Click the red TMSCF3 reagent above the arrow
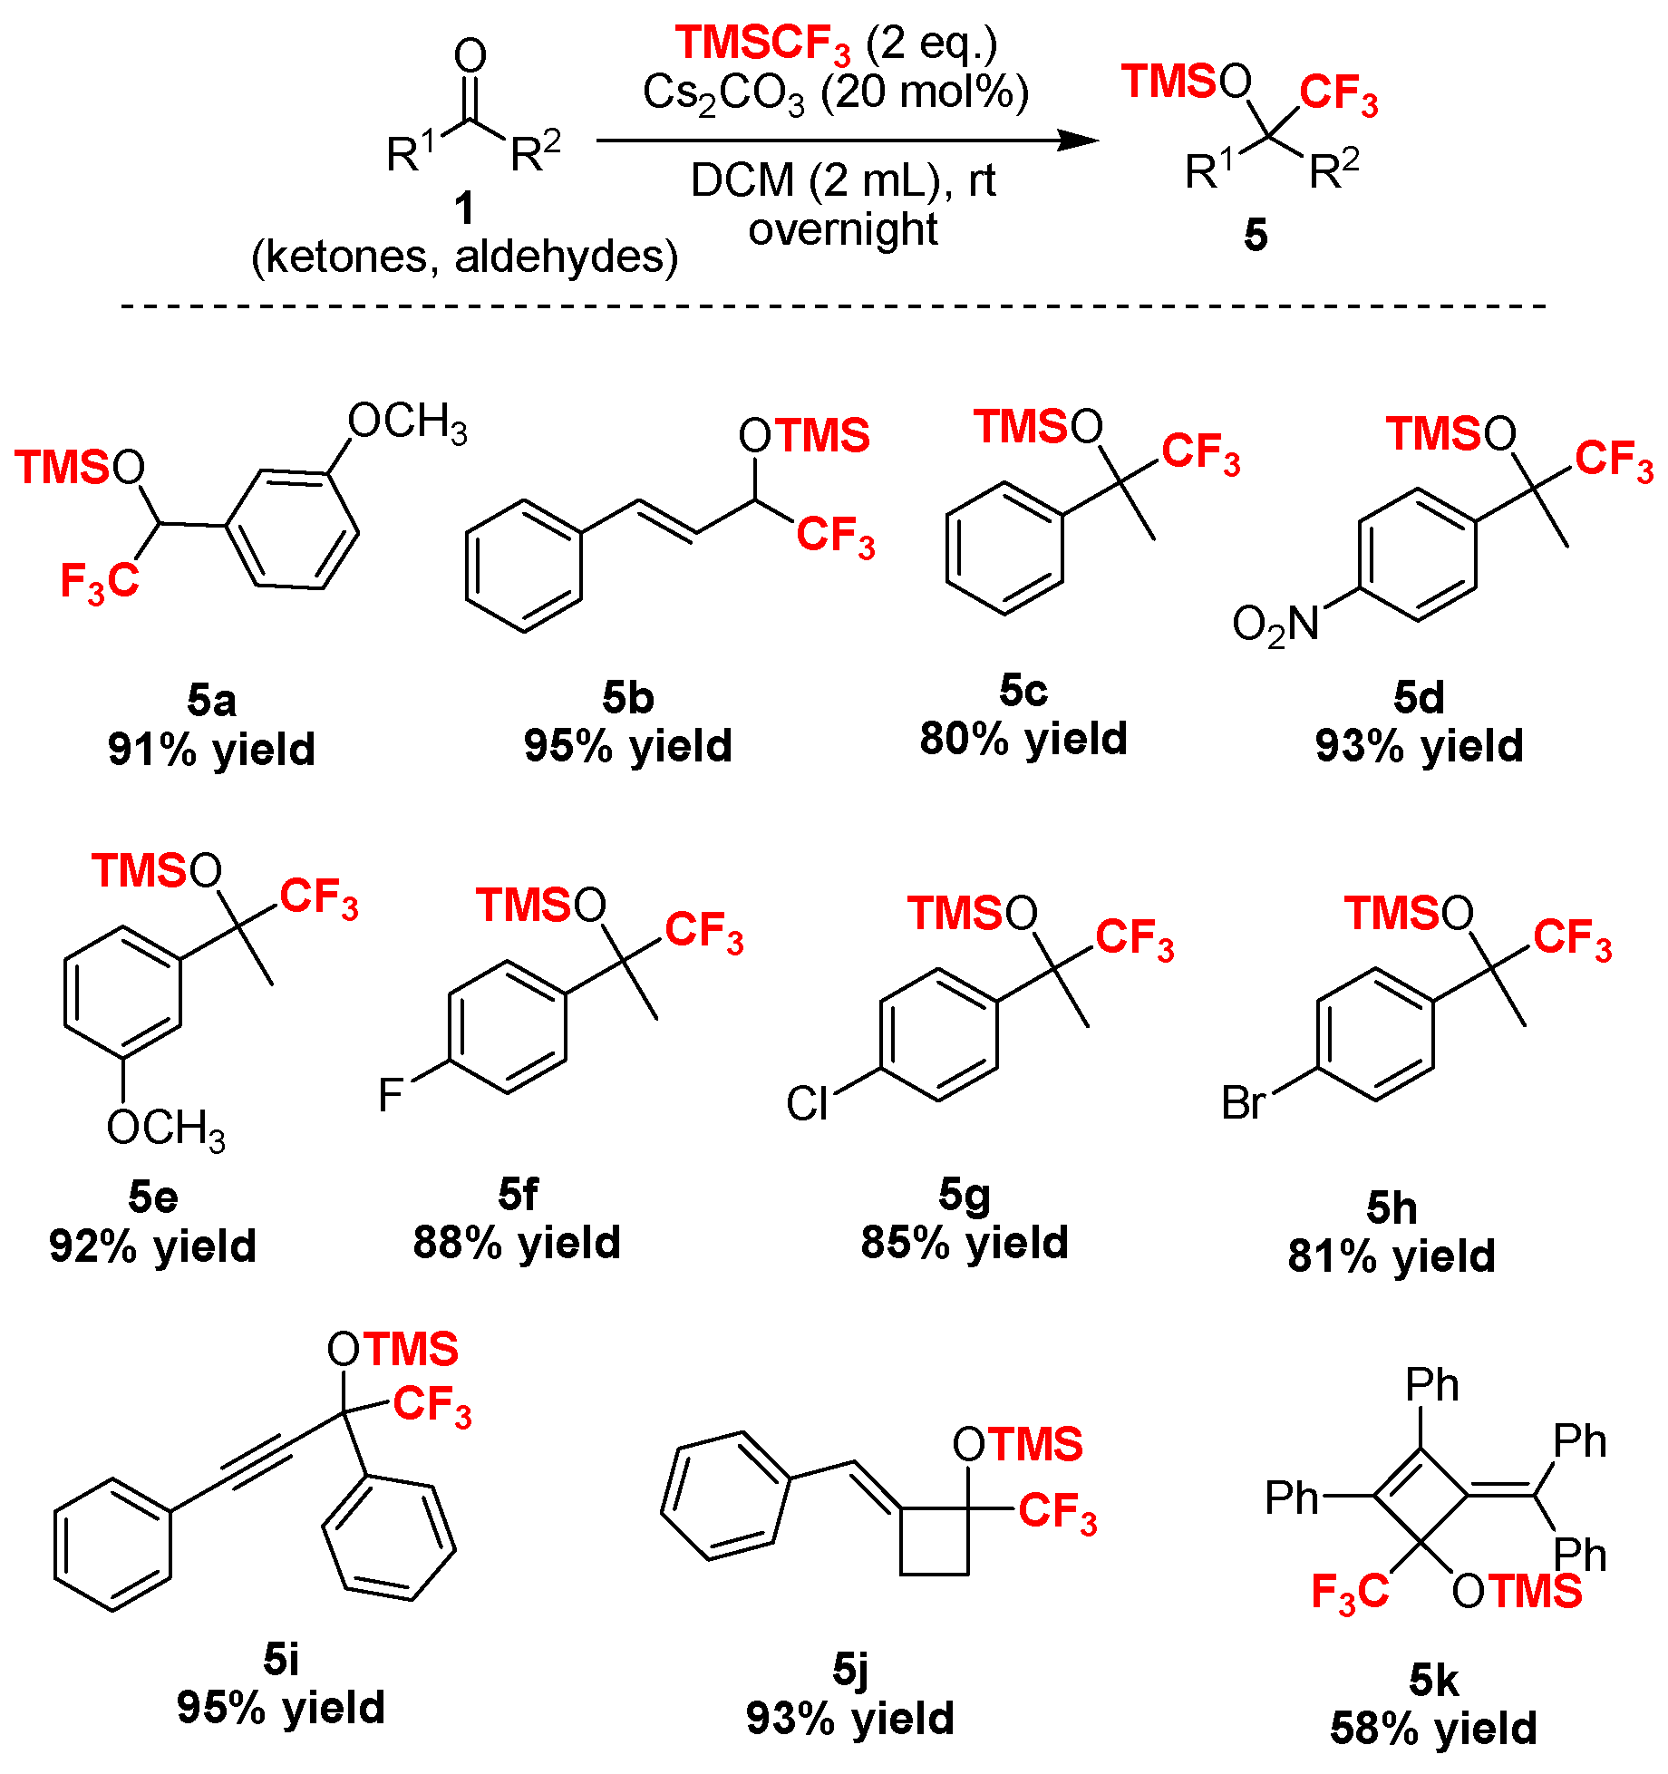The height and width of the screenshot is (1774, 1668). [762, 44]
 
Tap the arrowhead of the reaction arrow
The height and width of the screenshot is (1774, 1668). [1079, 141]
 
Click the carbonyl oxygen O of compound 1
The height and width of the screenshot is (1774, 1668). [470, 56]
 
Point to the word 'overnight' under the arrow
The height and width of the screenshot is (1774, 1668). [842, 229]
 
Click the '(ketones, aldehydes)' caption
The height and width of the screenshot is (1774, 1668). [464, 257]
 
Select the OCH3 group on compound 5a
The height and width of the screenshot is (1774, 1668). [408, 422]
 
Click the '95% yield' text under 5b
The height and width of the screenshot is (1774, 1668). [627, 746]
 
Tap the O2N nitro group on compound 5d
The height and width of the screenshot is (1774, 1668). [1275, 625]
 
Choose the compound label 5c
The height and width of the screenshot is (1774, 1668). [1023, 691]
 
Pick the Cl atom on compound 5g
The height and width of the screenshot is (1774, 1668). [807, 1104]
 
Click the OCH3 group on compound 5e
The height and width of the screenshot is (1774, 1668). [166, 1129]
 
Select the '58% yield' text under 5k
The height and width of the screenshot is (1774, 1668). [1433, 1728]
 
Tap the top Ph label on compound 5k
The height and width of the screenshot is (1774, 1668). [1431, 1384]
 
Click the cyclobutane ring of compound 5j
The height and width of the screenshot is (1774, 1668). [934, 1541]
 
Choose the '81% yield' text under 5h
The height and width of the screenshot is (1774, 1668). [1392, 1256]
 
